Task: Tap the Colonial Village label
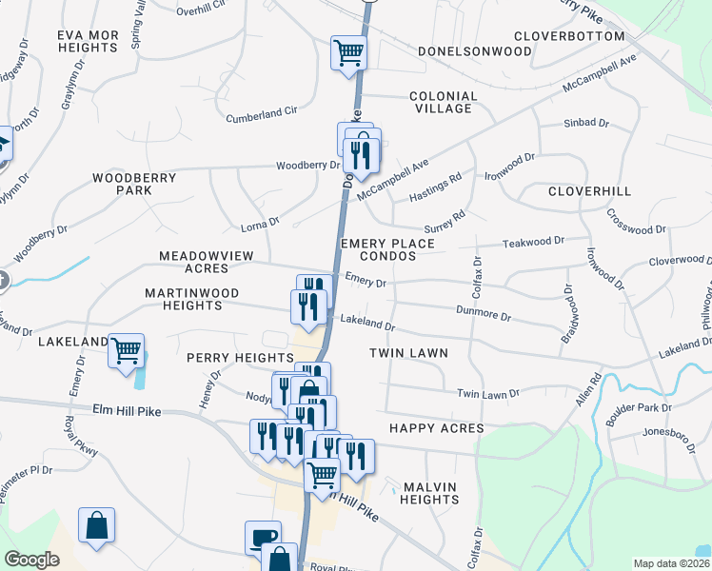[x=443, y=102]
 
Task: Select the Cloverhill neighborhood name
[x=589, y=191]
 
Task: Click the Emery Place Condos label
[x=388, y=250]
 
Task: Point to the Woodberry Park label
[x=135, y=184]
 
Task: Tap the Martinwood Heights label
[x=191, y=299]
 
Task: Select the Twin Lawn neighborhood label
[x=408, y=353]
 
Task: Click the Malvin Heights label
[x=430, y=493]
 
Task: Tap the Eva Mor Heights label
[x=88, y=41]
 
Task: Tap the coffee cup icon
[x=263, y=537]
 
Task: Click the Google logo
[x=32, y=560]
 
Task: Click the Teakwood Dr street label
[x=533, y=242]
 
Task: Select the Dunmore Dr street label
[x=484, y=312]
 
